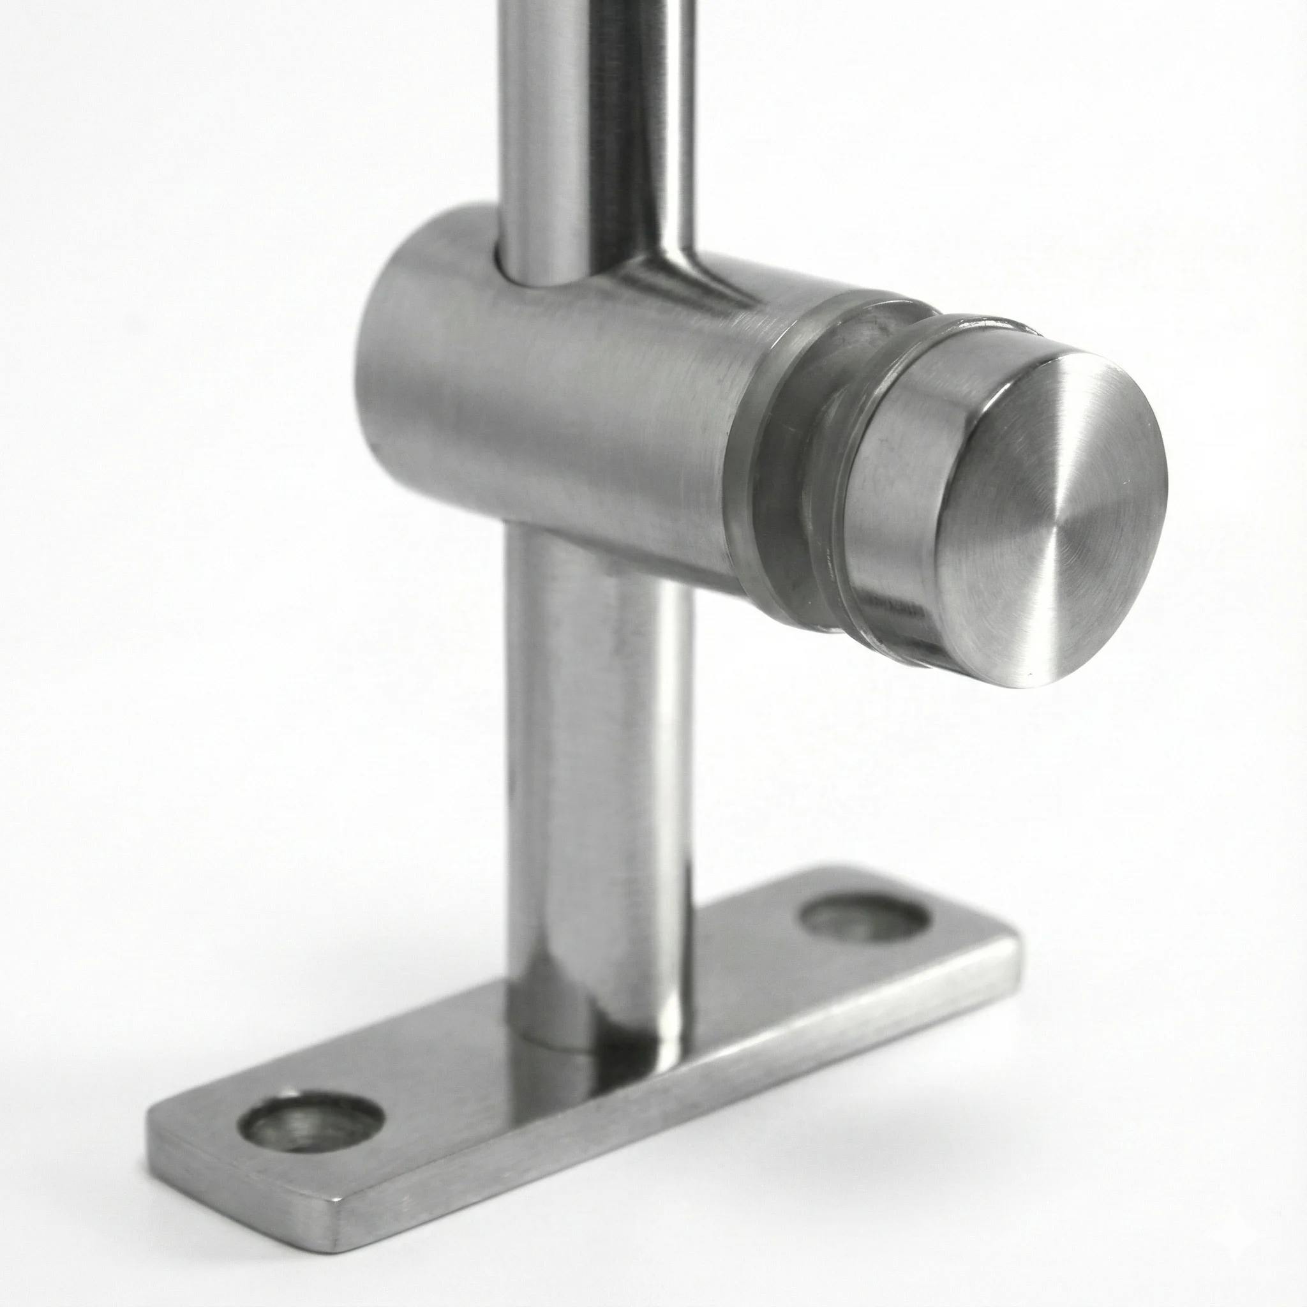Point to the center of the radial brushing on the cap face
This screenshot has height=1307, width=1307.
(x=1056, y=504)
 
